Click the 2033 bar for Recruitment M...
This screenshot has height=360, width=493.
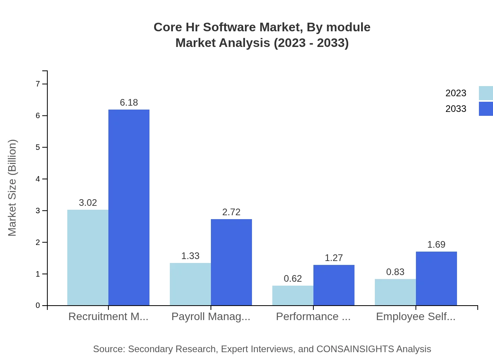(129, 207)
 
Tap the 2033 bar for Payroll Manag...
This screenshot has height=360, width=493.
(231, 262)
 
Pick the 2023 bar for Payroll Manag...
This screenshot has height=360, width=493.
(190, 284)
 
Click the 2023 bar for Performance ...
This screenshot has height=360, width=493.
(293, 295)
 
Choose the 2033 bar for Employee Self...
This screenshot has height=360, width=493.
(436, 279)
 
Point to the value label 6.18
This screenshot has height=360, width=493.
(129, 103)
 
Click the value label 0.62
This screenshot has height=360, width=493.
(293, 279)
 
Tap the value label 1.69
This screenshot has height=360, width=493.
(436, 245)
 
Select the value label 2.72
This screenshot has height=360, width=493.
(231, 212)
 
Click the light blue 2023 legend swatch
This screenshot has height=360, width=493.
(486, 93)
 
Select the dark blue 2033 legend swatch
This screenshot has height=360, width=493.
(486, 109)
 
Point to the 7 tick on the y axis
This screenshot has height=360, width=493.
(38, 84)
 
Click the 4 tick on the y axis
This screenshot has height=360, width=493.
(38, 179)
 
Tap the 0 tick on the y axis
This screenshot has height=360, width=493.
(38, 306)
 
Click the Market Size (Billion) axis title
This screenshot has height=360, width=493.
(13, 188)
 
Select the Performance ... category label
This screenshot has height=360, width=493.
(313, 317)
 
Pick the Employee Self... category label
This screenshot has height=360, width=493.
(416, 317)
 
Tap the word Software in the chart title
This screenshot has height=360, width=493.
(225, 27)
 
